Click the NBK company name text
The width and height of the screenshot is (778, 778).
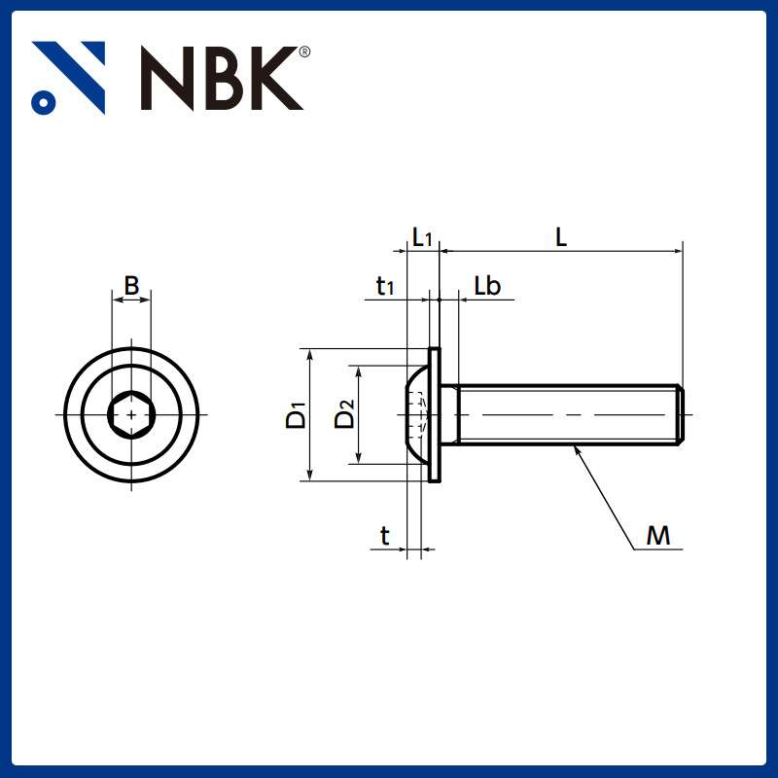point(219,78)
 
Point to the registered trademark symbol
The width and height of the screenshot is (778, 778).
point(304,53)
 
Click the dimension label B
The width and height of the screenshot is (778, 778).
point(131,285)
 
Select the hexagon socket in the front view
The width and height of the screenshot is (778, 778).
point(131,415)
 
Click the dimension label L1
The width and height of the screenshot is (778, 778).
point(421,237)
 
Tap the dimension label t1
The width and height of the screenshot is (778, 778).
point(385,286)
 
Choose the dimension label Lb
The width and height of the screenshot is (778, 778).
point(487,286)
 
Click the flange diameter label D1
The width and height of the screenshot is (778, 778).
point(296,415)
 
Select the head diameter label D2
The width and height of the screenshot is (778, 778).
point(344,415)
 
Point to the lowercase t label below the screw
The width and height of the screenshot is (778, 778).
point(385,536)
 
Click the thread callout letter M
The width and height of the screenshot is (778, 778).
point(658,536)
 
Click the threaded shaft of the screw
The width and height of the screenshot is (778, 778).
point(564,415)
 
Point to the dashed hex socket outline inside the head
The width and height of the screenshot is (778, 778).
point(419,415)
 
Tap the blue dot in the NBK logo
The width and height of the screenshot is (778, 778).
point(42,101)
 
